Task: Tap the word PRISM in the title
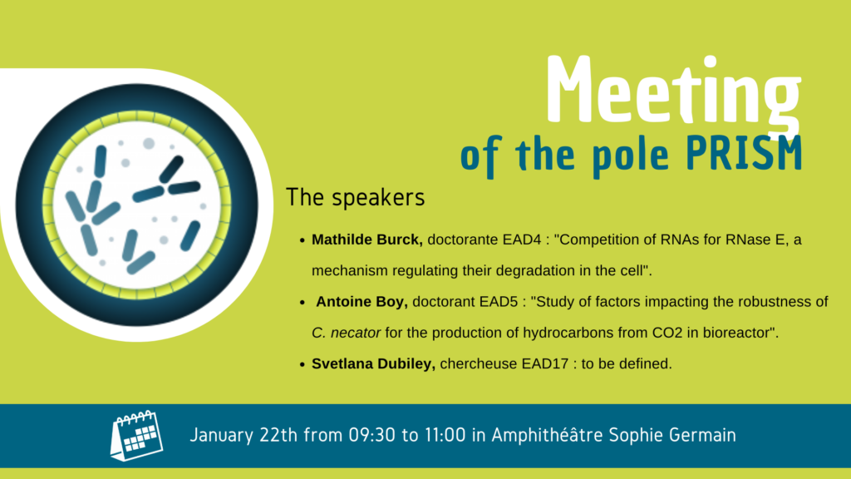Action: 744,154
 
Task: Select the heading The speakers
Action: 356,198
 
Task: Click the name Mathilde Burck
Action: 366,239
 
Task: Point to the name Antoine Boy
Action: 362,301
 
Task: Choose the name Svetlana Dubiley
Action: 373,363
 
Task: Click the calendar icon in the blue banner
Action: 137,436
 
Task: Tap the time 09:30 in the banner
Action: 371,435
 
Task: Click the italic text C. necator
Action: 346,333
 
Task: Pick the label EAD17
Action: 545,363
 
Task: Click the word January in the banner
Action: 221,436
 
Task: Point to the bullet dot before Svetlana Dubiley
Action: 303,364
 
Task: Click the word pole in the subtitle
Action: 630,156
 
